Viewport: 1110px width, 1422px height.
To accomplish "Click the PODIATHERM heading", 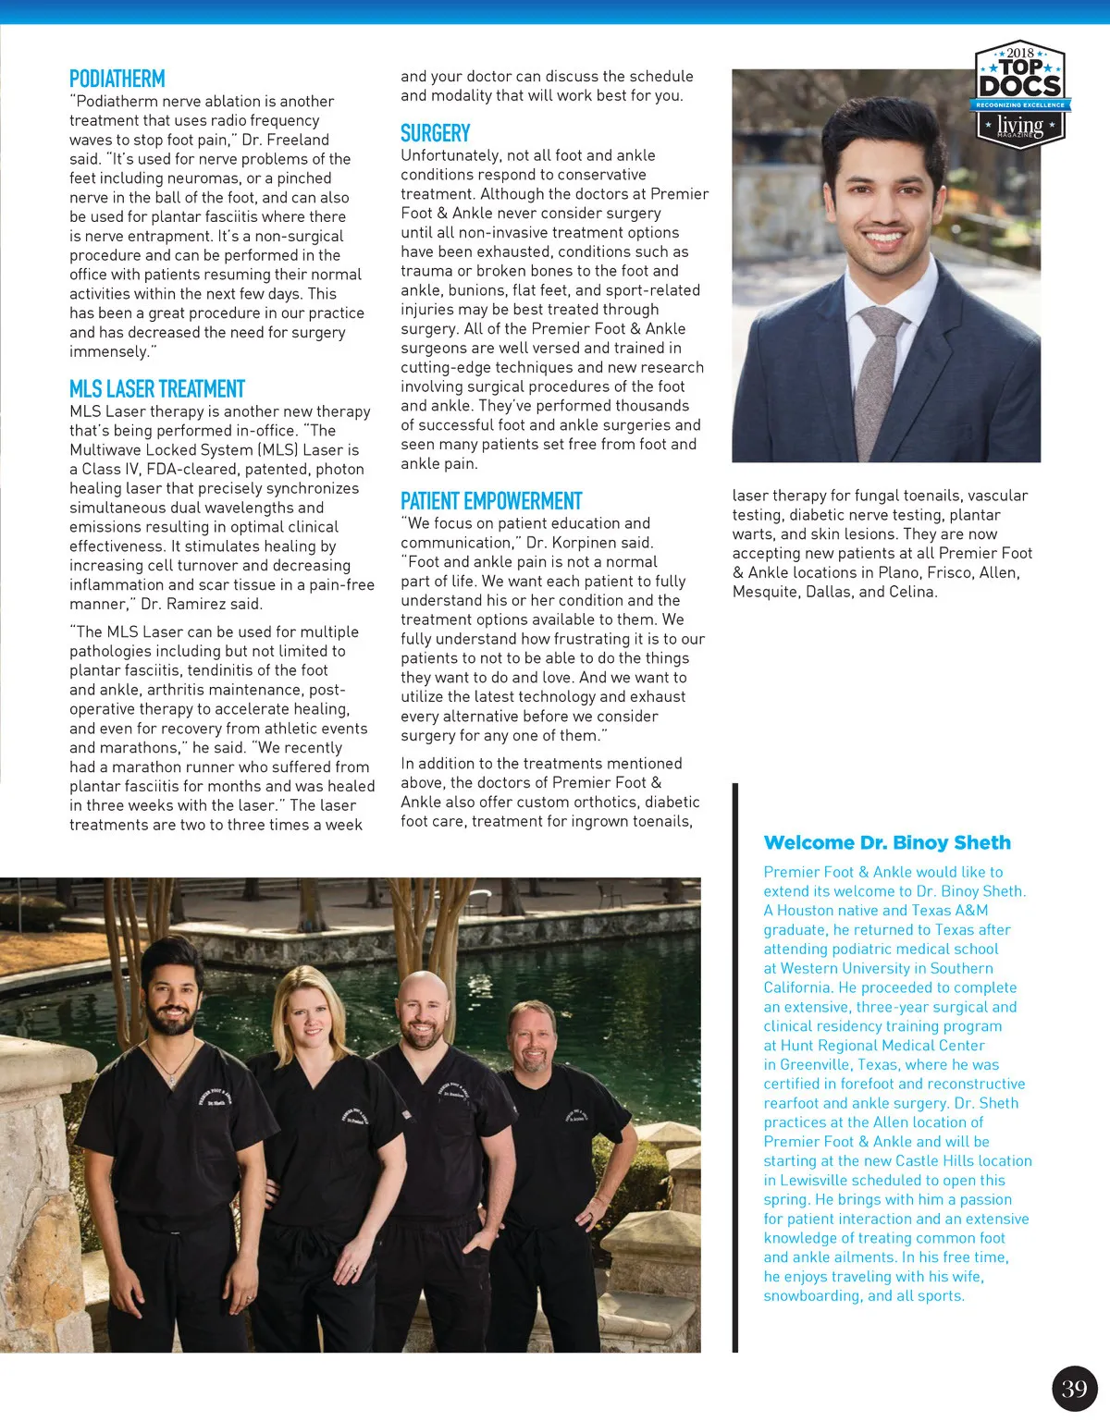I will (117, 80).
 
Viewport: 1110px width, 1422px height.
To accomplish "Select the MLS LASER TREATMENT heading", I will (157, 389).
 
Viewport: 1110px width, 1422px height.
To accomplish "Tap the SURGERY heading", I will (436, 133).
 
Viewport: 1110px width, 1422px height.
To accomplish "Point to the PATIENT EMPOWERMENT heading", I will (491, 501).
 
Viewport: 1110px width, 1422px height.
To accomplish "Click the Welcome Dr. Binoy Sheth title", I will (887, 842).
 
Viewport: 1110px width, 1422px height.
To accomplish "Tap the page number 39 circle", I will (1074, 1388).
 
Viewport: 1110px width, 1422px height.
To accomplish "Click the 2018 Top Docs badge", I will (1021, 94).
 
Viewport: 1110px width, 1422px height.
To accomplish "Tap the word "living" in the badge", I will (1020, 125).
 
